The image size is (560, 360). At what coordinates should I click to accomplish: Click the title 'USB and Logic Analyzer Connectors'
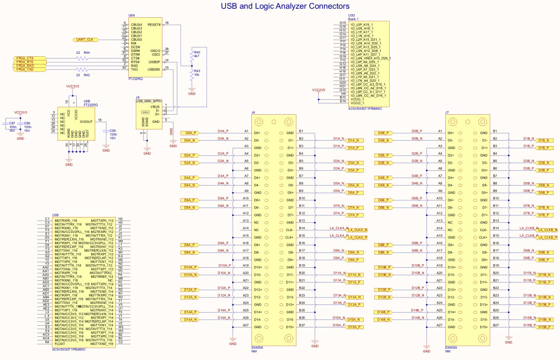(284, 6)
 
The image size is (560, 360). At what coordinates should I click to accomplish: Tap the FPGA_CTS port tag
(25, 58)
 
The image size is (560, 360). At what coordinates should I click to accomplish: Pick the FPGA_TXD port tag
(25, 69)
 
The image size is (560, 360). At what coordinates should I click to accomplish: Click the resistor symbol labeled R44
(79, 58)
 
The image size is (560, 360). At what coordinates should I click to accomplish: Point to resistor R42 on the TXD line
(79, 70)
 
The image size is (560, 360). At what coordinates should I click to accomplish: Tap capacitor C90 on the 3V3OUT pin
(106, 132)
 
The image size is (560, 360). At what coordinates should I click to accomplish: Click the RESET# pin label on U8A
(154, 24)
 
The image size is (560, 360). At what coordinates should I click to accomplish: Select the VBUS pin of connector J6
(155, 106)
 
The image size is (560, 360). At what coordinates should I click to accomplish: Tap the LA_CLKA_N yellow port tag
(358, 230)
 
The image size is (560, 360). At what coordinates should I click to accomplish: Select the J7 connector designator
(447, 112)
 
